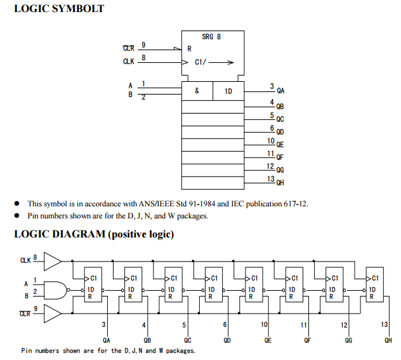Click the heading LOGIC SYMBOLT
coord(59,9)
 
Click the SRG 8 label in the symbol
coord(211,37)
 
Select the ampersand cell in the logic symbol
coord(197,91)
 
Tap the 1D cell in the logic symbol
coord(228,91)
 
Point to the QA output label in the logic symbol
coord(280,91)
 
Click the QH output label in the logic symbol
coord(280,183)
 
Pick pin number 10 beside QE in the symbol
coord(271,141)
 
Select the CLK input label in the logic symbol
coord(128,62)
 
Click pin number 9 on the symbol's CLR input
coord(143,44)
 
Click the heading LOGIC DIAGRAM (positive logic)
coord(94,234)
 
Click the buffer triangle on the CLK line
coord(53,260)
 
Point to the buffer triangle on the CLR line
coord(53,313)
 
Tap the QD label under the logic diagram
coord(227,341)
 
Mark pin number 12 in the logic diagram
coord(344,325)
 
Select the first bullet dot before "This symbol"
coord(17,204)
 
